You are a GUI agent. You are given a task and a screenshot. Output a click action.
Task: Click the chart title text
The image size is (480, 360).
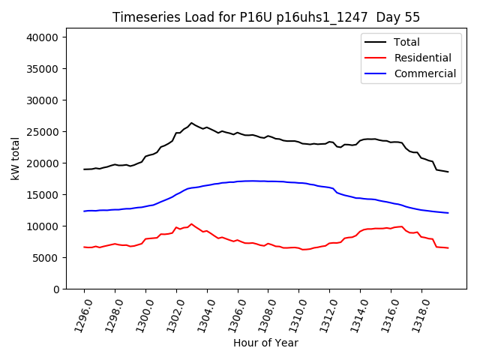coord(266,17)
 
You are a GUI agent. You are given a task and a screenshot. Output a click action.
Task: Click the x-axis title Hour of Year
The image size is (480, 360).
coord(265,343)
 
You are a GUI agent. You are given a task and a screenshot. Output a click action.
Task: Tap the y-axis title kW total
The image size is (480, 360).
coord(15,158)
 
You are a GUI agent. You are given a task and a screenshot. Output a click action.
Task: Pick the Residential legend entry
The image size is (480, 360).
coord(422,58)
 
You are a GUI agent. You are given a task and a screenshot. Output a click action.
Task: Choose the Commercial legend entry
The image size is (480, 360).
coord(424,73)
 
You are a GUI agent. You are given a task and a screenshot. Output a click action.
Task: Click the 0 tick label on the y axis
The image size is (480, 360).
coord(66,289)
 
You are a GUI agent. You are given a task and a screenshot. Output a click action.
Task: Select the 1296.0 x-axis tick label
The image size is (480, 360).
coord(77,313)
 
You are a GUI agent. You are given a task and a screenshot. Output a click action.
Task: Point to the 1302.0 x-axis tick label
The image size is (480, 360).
coord(169,313)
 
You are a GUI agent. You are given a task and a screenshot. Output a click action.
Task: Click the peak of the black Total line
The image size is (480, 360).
coord(191,123)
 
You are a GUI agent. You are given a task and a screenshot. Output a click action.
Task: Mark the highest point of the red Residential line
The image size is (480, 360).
coord(191,223)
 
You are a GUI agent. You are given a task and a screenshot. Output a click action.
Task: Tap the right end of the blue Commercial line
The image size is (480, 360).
coord(448,213)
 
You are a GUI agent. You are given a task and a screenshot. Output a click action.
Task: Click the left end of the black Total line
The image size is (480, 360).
coord(84,169)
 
